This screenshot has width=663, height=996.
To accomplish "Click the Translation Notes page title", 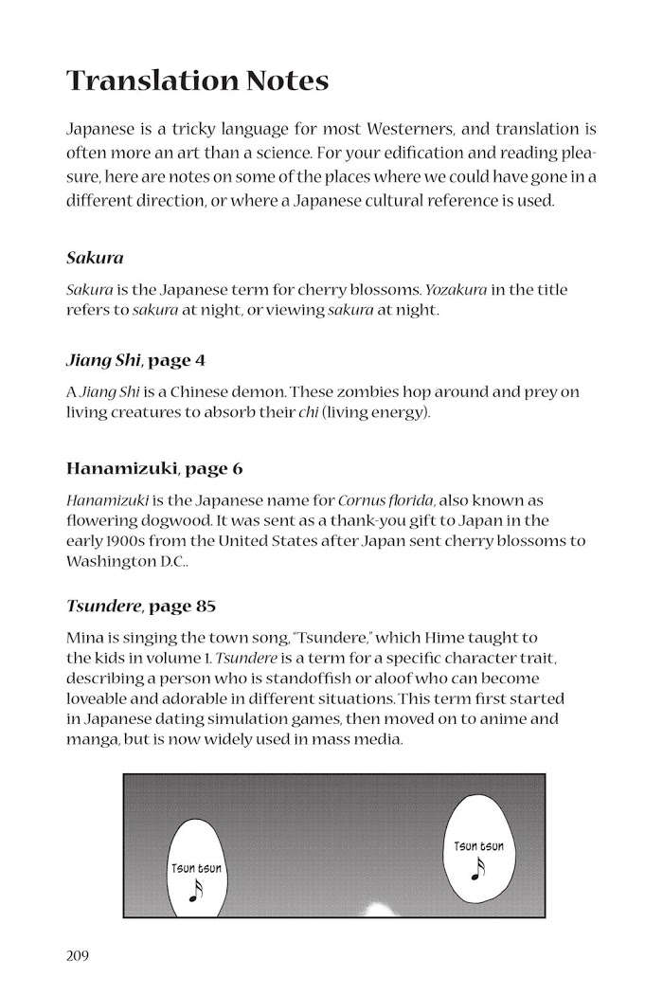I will click(198, 81).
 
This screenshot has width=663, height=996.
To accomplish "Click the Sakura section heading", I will click(95, 257).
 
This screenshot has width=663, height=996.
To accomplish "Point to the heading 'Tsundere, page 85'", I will click(142, 605).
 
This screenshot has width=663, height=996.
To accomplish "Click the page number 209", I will click(77, 954).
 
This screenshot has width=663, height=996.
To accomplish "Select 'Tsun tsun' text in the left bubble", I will click(196, 867).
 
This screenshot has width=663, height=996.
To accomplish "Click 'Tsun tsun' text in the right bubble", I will click(478, 845).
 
